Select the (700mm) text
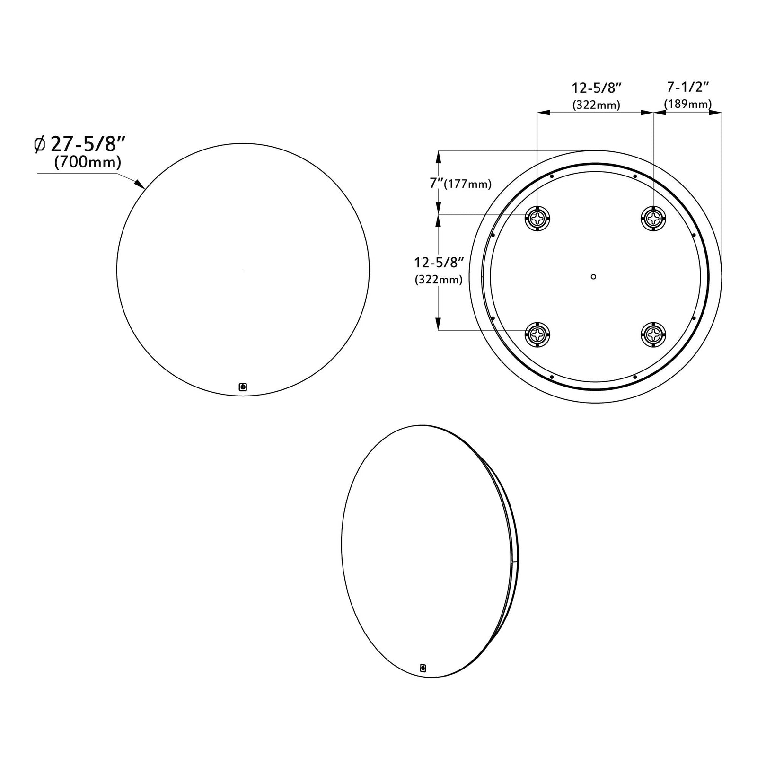click(x=88, y=162)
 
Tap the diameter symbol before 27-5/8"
click(x=40, y=144)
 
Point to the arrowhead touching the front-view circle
click(x=140, y=184)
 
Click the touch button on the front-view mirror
click(x=243, y=387)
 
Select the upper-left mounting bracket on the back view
click(x=537, y=218)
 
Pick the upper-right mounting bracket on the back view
click(x=653, y=218)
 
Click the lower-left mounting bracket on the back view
click(x=537, y=334)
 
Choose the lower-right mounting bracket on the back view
click(x=653, y=334)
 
